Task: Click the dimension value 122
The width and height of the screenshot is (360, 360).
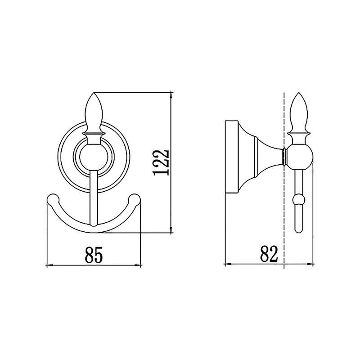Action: coord(162,162)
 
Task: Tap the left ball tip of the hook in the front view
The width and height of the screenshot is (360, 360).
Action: coord(53,199)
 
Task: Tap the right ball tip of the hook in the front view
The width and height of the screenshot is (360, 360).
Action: coord(134,199)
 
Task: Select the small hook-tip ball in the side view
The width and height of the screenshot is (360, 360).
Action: coord(299,199)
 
